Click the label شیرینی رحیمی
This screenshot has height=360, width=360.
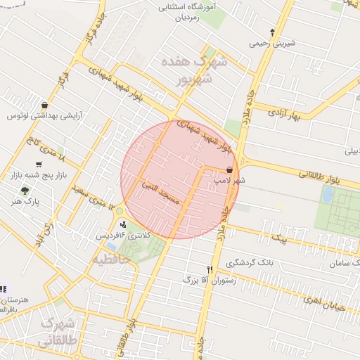(x=272, y=43)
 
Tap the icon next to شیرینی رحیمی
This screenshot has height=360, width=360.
(x=273, y=32)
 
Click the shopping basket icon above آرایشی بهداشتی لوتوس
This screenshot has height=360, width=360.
(x=45, y=105)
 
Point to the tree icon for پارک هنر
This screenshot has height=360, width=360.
(x=25, y=190)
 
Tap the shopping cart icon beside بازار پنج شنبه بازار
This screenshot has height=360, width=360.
(x=48, y=165)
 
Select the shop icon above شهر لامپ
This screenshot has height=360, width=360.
(x=230, y=169)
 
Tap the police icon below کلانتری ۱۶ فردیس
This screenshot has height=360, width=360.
(x=124, y=243)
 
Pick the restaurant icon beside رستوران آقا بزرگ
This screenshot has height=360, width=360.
(x=210, y=269)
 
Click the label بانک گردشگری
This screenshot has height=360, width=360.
(x=254, y=262)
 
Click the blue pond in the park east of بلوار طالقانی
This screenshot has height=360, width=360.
(x=327, y=194)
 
